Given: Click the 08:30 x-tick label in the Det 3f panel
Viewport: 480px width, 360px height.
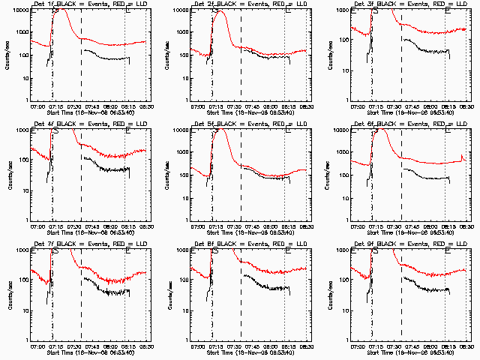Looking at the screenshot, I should (466, 106).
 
